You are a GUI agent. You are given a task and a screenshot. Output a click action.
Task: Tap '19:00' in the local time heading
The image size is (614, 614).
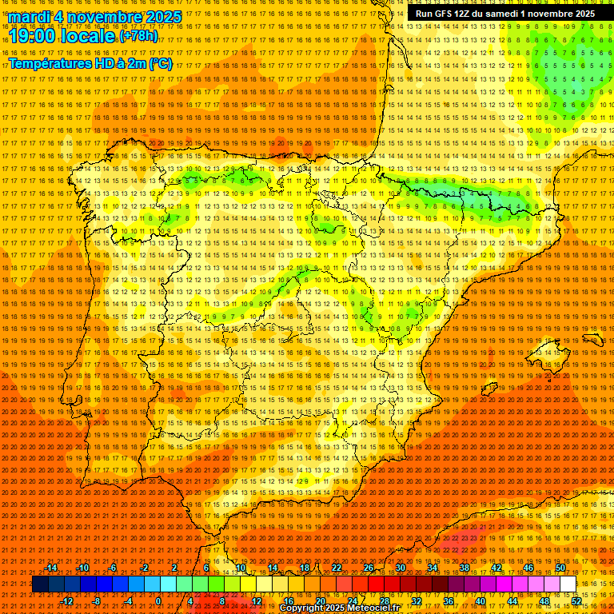click(x=31, y=36)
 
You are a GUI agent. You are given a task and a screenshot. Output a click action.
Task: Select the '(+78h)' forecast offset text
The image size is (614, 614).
click(x=138, y=36)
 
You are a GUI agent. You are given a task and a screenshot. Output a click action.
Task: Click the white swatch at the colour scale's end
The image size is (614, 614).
click(x=568, y=584)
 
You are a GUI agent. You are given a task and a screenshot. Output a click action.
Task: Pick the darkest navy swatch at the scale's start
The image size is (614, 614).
click(x=40, y=584)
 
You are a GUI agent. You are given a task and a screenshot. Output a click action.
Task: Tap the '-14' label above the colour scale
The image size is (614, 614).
click(x=51, y=568)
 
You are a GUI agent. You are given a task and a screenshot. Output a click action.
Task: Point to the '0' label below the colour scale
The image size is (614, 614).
click(x=158, y=601)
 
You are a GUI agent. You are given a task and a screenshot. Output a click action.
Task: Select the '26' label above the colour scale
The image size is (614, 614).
click(x=369, y=568)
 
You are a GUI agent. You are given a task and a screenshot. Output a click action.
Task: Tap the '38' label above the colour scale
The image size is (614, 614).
click(x=464, y=568)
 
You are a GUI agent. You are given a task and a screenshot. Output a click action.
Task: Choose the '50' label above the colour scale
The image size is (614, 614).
click(x=560, y=568)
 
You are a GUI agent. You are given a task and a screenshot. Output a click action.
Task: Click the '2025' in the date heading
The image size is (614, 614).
click(x=164, y=17)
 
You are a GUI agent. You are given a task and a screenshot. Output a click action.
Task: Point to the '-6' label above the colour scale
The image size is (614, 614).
click(x=113, y=568)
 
